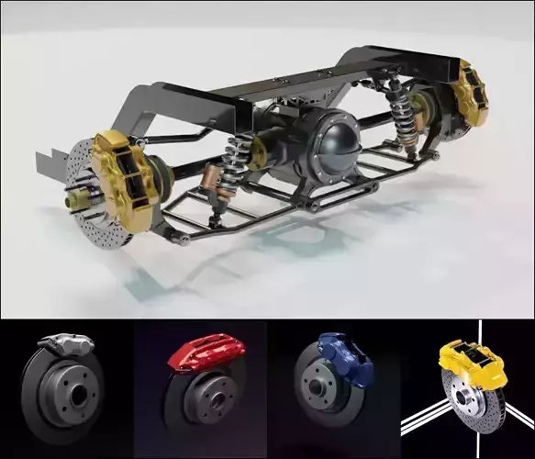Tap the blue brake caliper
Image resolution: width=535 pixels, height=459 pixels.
click(x=334, y=354)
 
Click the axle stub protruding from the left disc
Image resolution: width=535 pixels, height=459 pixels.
click(x=72, y=196)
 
